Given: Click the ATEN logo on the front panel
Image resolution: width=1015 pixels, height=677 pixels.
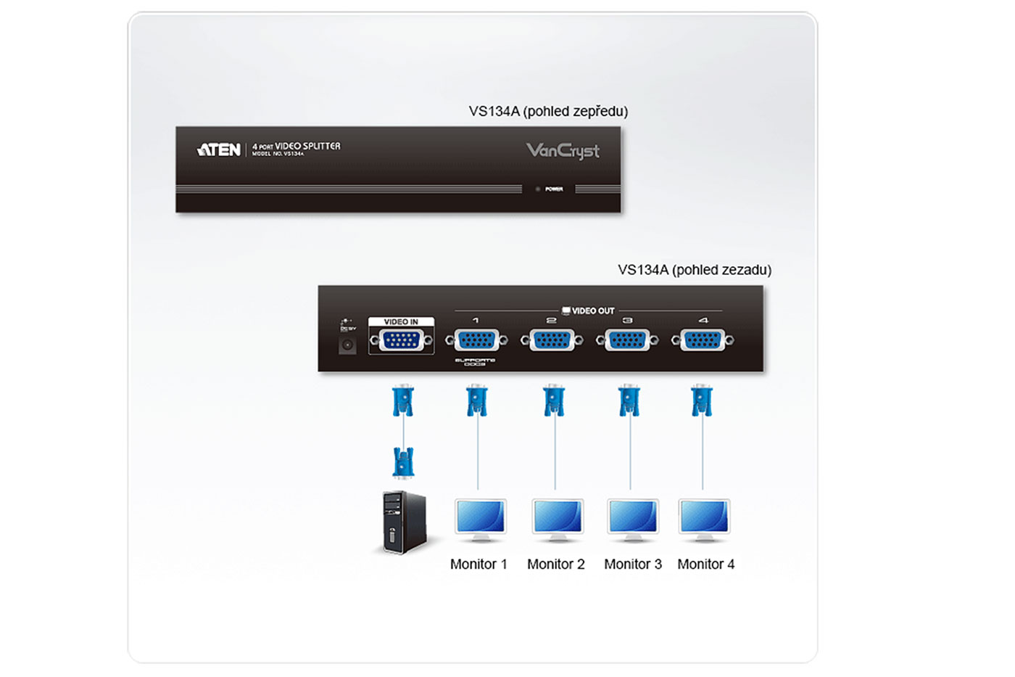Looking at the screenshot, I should [218, 150].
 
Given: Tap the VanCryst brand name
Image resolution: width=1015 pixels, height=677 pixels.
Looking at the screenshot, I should [563, 151].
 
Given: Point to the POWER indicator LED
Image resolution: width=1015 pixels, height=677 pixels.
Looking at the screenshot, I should [538, 189].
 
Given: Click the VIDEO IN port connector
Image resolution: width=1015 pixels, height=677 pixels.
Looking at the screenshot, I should [401, 340].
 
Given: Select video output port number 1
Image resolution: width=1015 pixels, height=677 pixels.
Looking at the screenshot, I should [476, 340].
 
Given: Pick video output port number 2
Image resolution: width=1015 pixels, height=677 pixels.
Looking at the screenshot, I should [552, 340].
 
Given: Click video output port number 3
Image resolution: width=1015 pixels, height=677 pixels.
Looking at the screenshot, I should [627, 340].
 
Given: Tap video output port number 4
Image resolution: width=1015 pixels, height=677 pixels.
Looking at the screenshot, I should [703, 340].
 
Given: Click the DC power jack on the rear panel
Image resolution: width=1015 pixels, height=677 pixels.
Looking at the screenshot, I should [347, 345].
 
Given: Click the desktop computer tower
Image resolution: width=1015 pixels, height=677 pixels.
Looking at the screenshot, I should [404, 522].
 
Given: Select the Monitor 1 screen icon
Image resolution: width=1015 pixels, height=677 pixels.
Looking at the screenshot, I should [480, 520].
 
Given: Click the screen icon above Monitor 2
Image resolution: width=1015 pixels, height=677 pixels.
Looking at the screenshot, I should [557, 520].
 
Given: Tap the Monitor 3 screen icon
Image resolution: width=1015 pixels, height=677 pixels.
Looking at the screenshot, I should [632, 520].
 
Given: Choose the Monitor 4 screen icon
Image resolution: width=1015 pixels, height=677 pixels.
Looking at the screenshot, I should [704, 520].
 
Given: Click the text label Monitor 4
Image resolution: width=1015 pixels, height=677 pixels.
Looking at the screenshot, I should [705, 565].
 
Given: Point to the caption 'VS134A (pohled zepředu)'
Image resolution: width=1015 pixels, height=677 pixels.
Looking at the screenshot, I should [548, 112].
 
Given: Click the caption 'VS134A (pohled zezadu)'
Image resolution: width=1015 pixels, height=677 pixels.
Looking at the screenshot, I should [694, 270].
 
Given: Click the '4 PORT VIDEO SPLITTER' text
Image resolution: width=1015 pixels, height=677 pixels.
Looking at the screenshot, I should [296, 147].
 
